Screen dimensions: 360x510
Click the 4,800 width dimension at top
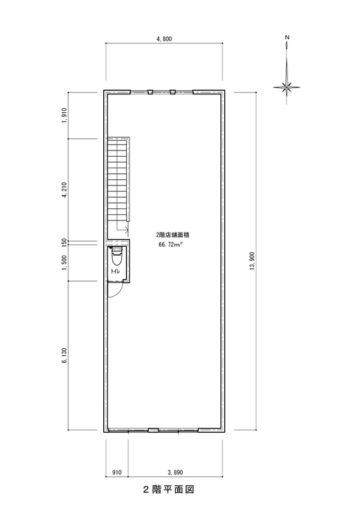164,39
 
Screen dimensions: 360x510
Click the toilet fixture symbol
117,257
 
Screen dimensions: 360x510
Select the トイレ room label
115,270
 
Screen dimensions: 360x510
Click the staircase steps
117,180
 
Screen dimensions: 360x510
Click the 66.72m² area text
169,245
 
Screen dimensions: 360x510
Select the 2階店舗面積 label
173,235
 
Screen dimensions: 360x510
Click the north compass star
287,87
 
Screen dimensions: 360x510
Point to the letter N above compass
287,37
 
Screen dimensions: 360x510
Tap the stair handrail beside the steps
128,180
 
